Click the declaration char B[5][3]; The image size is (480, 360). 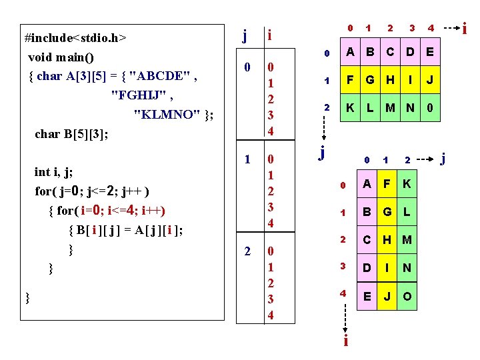click(x=71, y=134)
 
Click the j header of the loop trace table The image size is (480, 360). click(x=246, y=34)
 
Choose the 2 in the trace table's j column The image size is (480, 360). click(x=247, y=251)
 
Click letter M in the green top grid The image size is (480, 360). click(x=389, y=107)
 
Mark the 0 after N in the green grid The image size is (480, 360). click(x=430, y=107)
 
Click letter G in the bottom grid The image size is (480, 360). click(x=387, y=212)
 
